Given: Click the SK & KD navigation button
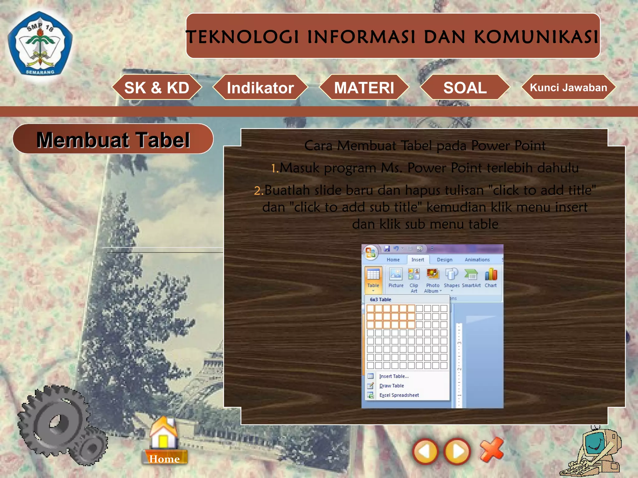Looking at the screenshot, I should click(157, 87).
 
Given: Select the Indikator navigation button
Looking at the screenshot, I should click(260, 87).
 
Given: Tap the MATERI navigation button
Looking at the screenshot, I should click(364, 87).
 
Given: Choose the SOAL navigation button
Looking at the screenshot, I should click(465, 87).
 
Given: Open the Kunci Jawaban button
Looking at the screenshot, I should click(568, 87).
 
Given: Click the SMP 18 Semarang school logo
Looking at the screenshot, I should click(40, 45).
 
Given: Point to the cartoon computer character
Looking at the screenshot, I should click(593, 453).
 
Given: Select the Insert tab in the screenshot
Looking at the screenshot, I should click(417, 260).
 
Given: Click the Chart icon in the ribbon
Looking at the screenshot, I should click(491, 278).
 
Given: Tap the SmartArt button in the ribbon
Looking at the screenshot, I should click(471, 278).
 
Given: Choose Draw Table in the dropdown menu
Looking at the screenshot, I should click(391, 386).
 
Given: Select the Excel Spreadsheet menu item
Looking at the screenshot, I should click(399, 395).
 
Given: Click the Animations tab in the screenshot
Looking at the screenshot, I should click(477, 260).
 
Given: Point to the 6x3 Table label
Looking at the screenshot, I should click(380, 299).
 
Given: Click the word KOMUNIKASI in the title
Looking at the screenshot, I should click(536, 37).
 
